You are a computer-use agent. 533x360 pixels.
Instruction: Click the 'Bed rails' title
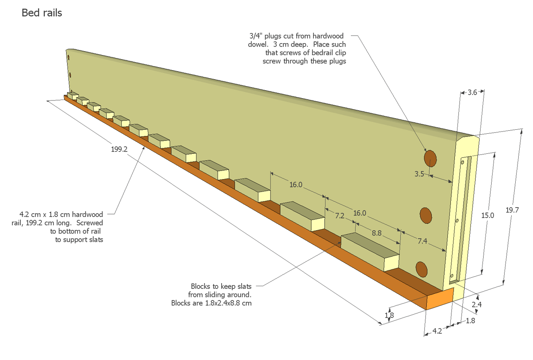[x=42, y=13]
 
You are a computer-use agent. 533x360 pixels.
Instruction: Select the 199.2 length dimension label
[x=119, y=149]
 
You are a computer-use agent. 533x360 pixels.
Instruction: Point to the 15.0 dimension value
[x=488, y=216]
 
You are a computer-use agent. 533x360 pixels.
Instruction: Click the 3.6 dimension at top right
[x=472, y=92]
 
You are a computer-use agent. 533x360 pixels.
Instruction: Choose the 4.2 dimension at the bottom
[x=437, y=331]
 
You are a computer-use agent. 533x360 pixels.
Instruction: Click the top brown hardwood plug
[x=430, y=158]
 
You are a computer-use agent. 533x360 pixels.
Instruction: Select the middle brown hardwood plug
[x=426, y=215]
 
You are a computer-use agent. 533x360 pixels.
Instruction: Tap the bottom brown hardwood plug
[x=421, y=268]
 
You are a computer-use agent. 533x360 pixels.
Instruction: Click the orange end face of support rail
[x=440, y=298]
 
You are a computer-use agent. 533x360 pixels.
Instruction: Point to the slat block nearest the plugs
[x=370, y=252]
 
